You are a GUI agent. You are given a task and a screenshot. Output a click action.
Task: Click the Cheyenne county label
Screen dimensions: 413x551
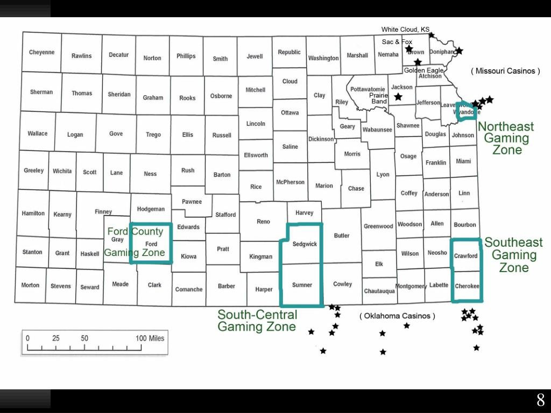click(x=42, y=53)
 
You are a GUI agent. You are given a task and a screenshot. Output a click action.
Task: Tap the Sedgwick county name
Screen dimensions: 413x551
click(x=305, y=244)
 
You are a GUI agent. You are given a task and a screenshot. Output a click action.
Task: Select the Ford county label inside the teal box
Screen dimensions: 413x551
click(x=151, y=244)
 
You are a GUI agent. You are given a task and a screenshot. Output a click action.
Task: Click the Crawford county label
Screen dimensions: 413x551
click(x=465, y=256)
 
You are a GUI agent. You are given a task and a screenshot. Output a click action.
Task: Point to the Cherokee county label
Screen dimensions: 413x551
click(x=467, y=287)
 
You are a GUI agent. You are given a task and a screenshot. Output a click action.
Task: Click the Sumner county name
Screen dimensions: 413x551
click(x=302, y=285)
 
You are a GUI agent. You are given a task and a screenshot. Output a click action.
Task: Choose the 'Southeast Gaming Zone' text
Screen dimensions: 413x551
click(x=513, y=255)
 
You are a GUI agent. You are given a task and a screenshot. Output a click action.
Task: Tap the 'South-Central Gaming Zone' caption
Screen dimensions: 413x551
click(x=257, y=321)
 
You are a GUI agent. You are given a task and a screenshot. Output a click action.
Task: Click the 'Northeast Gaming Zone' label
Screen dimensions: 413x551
click(x=506, y=138)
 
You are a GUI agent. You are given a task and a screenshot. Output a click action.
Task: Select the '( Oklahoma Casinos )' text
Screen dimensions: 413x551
click(x=397, y=316)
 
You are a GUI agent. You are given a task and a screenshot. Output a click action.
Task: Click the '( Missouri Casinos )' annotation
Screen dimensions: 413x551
click(x=505, y=71)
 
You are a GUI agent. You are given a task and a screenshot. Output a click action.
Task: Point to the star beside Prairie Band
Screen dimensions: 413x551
click(x=398, y=97)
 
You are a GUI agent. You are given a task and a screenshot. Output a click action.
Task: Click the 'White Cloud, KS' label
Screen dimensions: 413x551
click(x=406, y=30)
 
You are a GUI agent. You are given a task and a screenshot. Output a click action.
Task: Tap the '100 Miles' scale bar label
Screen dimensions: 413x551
click(x=150, y=338)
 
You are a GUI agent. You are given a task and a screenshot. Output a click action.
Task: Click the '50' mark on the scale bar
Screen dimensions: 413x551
click(x=84, y=338)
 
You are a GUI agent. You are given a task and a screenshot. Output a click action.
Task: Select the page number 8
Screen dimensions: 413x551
click(x=540, y=400)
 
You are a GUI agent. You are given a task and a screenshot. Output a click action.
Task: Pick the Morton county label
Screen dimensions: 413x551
click(x=30, y=286)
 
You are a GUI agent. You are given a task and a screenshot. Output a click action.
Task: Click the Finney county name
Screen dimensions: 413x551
click(x=103, y=212)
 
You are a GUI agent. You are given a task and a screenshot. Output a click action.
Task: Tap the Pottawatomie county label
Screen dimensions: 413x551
click(x=368, y=89)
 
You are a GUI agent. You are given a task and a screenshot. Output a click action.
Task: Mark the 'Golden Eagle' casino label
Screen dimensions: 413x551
click(x=423, y=70)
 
